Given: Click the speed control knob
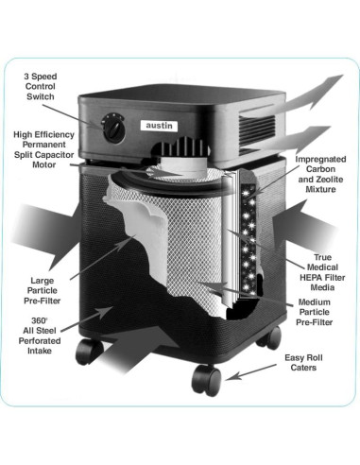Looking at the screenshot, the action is (x=113, y=129).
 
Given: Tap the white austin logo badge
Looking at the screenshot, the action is (x=159, y=126).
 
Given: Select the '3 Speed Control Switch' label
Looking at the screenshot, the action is (x=41, y=87).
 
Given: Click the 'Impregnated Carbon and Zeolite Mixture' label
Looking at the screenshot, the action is (x=320, y=174).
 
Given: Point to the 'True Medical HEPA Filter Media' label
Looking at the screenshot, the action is (x=322, y=272).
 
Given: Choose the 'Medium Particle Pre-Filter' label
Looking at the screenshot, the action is (x=314, y=312).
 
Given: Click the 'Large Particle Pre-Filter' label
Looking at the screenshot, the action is (x=42, y=290).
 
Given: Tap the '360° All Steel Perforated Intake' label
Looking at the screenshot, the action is (x=40, y=336).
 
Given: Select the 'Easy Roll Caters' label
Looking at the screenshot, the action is (x=303, y=362).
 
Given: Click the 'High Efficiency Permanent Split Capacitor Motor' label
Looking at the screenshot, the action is (x=43, y=149).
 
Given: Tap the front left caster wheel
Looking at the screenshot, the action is (x=89, y=352).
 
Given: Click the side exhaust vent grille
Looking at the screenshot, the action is (x=258, y=131).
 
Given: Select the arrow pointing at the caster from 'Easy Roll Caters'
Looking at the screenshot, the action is (x=251, y=372).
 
